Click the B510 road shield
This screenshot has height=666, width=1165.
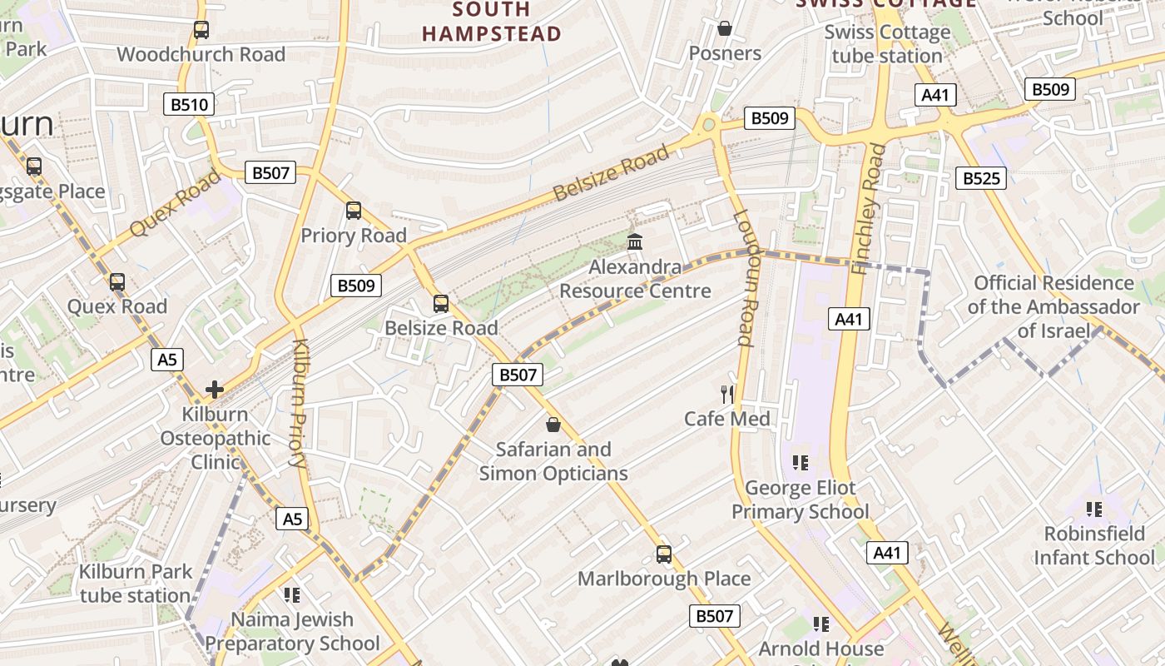(189, 104)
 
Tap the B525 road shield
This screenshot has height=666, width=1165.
(980, 177)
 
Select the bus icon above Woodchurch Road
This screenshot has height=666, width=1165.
(201, 30)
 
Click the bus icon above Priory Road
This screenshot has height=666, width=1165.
(354, 211)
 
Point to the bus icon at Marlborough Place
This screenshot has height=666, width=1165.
(663, 554)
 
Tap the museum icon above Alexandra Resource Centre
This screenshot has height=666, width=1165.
(635, 242)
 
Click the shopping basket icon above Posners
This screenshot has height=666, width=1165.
(725, 29)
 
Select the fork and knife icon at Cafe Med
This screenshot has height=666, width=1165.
(727, 394)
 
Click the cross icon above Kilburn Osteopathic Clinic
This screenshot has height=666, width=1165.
(215, 389)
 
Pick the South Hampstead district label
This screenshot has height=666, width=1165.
(491, 22)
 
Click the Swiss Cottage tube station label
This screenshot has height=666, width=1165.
(887, 44)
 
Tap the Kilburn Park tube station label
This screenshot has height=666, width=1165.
(136, 584)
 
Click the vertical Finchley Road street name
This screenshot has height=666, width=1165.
(870, 208)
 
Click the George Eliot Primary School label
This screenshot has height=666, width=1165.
(800, 499)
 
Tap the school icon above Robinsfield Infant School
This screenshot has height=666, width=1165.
(1093, 509)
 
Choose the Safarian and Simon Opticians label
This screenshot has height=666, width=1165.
(553, 461)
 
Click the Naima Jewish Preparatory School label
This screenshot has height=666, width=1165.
(292, 631)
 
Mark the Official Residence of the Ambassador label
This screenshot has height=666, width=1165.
(1053, 306)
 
